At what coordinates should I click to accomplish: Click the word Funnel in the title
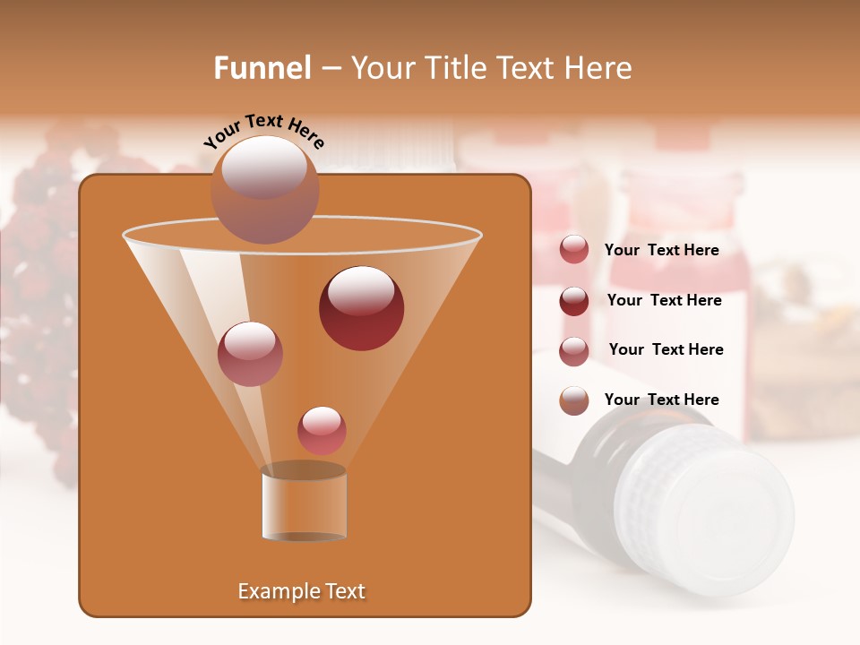[262, 68]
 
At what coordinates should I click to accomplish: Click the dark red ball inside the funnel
[361, 307]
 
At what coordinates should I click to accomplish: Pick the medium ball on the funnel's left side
[250, 353]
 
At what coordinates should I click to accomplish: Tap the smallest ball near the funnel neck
[322, 430]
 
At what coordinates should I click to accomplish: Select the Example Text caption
[301, 591]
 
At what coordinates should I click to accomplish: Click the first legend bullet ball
[574, 250]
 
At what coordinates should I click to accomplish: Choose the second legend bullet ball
[574, 301]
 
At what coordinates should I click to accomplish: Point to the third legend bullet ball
[574, 350]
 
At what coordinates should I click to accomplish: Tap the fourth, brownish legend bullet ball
[574, 400]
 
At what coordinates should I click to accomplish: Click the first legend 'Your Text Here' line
[661, 251]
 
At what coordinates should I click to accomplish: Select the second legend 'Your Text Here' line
[664, 301]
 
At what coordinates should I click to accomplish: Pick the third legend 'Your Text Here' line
[666, 350]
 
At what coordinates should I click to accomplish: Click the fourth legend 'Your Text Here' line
[661, 400]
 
